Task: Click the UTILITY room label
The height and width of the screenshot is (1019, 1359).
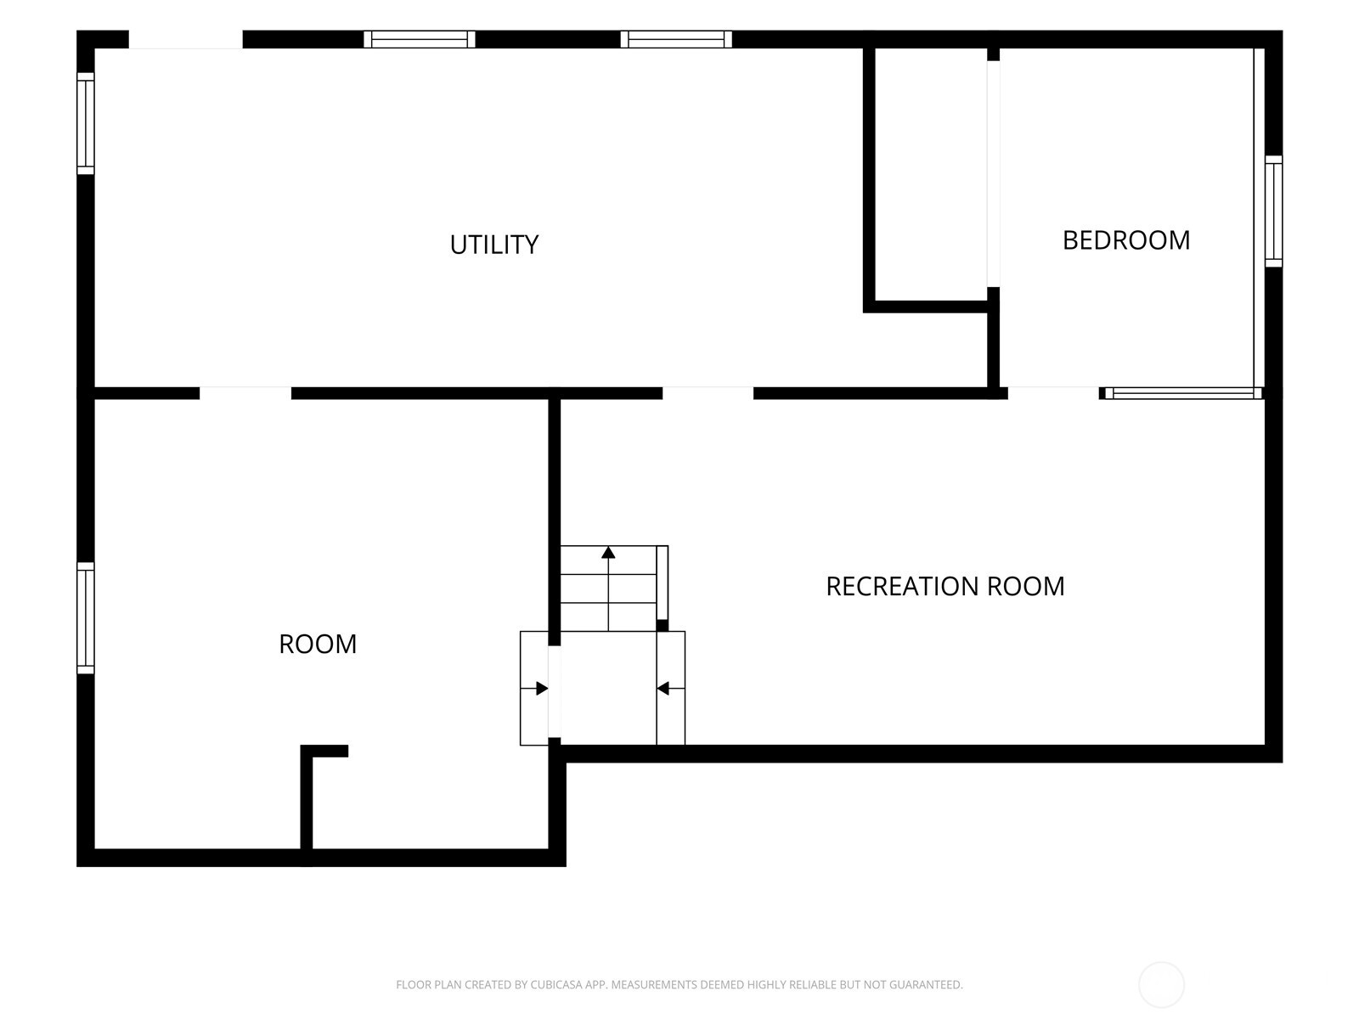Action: (493, 245)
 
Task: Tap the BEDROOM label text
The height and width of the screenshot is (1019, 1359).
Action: (1126, 240)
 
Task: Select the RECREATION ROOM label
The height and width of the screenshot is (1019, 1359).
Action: (945, 587)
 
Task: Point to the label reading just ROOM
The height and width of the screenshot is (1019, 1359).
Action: (318, 644)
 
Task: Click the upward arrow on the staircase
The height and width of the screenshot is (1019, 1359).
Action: (609, 588)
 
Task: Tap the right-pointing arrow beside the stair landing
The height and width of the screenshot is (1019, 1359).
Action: (534, 689)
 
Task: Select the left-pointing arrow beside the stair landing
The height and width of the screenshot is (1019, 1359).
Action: (670, 689)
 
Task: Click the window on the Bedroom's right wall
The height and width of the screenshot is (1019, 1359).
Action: (1273, 211)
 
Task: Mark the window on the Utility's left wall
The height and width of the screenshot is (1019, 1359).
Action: (86, 124)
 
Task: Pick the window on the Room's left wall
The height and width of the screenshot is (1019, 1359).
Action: (86, 618)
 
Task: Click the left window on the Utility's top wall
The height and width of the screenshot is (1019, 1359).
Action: (419, 40)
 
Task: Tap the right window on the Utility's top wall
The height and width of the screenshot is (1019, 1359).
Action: (676, 40)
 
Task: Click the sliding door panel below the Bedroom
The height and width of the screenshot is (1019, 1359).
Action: (1183, 393)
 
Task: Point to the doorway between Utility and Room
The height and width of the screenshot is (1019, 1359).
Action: (245, 393)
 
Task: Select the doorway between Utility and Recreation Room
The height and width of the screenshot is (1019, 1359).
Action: (708, 393)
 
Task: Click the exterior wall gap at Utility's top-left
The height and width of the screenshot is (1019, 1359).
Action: (186, 40)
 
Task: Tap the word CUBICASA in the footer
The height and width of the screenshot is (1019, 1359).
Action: (554, 984)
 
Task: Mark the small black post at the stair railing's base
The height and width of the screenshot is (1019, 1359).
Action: (662, 626)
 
